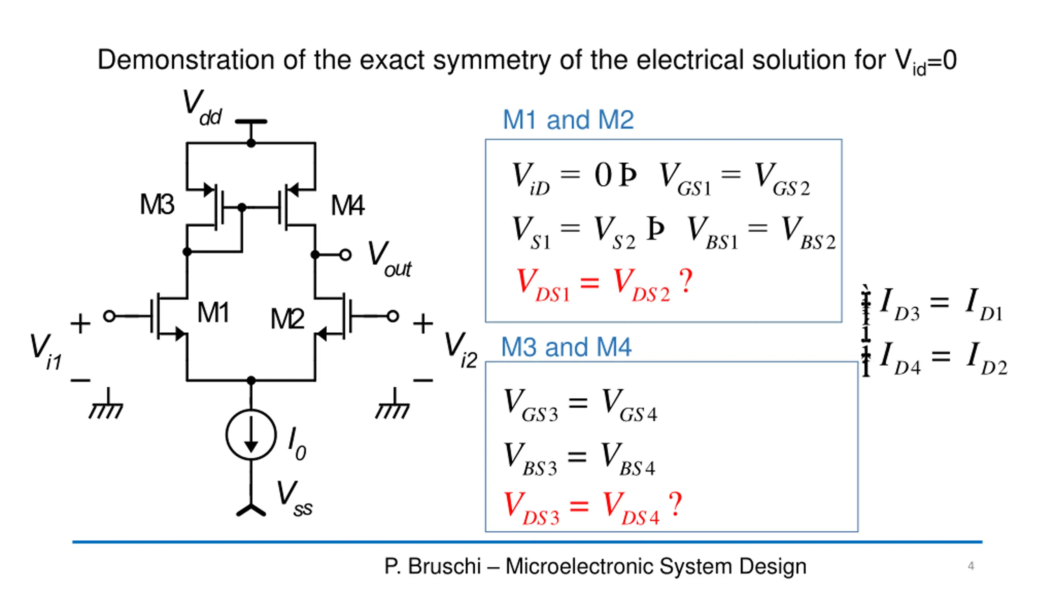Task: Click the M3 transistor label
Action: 157,204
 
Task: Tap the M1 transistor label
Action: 213,312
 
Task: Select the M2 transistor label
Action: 287,319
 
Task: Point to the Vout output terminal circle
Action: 345,255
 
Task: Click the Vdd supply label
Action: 202,108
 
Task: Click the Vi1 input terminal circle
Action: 109,316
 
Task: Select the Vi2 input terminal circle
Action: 393,316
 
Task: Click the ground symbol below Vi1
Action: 106,404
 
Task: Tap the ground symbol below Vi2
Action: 393,404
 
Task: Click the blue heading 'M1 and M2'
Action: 568,120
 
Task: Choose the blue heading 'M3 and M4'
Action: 566,347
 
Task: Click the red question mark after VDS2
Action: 686,281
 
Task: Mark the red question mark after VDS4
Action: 675,504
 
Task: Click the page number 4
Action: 971,566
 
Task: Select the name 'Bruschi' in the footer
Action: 444,566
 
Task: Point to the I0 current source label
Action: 297,443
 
